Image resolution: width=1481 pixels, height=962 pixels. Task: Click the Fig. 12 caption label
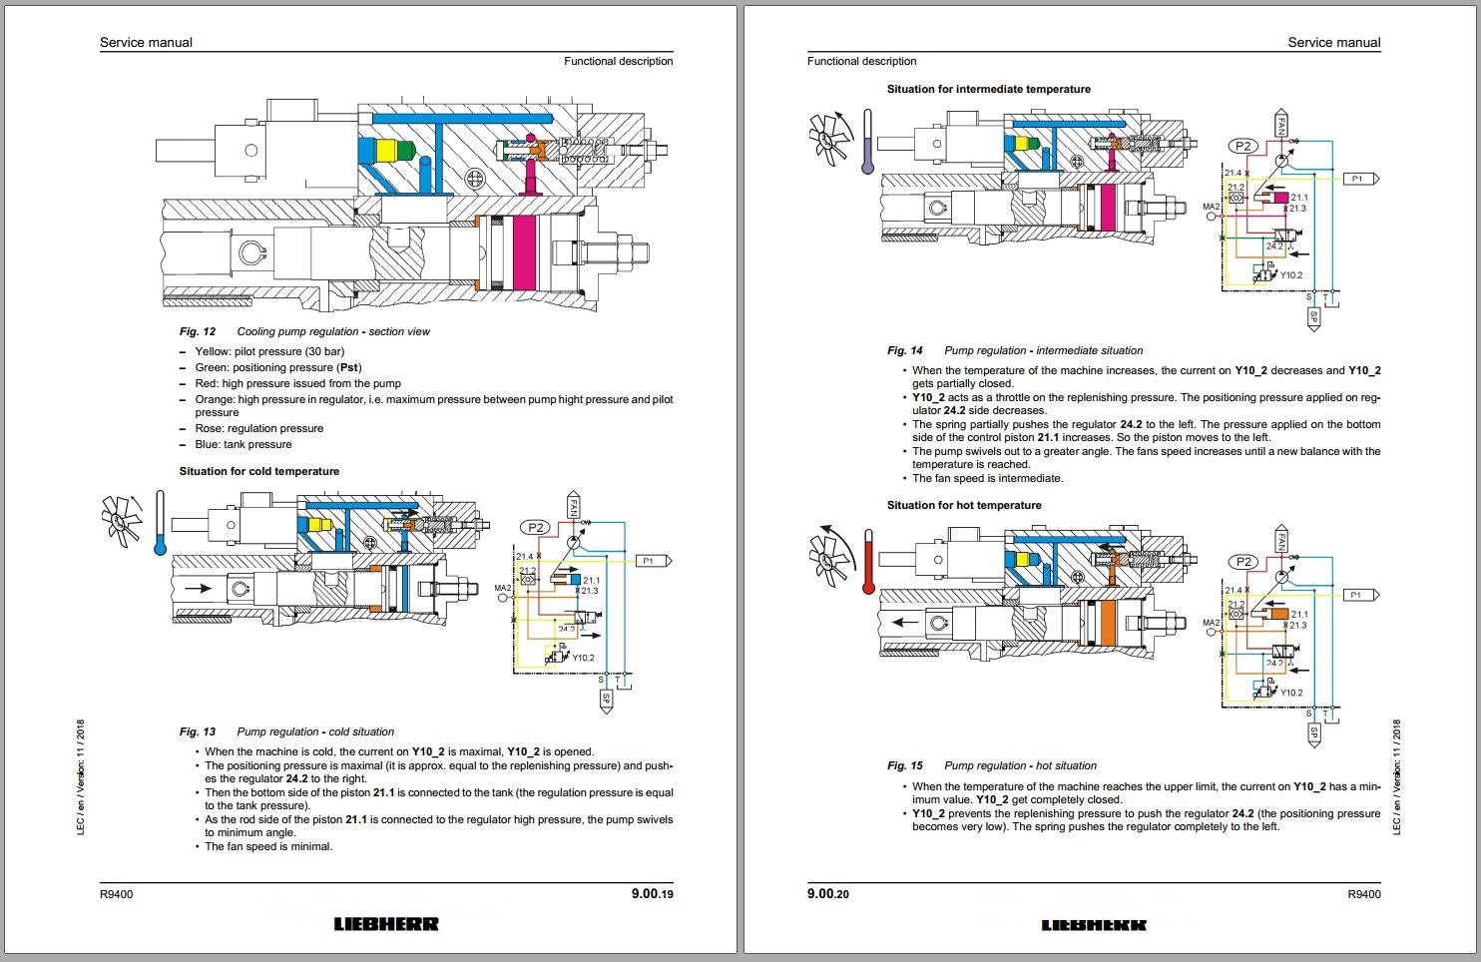[x=198, y=331]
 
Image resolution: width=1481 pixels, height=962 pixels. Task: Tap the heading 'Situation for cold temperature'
[x=259, y=471]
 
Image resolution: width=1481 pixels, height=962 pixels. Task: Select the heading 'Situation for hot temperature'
[x=964, y=505]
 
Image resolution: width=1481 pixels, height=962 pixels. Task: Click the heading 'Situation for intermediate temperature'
[x=988, y=89]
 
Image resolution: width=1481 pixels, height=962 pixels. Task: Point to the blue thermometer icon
[x=160, y=523]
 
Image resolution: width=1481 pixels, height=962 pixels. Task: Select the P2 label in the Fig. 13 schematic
[x=537, y=527]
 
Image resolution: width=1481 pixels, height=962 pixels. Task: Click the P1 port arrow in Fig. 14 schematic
[x=1359, y=179]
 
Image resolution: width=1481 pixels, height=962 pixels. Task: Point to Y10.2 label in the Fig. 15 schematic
[x=1291, y=693]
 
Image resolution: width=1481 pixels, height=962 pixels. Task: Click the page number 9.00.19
[x=652, y=894]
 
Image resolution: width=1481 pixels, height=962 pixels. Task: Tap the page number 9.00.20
[x=828, y=894]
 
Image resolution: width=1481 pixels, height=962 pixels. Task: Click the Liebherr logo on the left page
[x=386, y=924]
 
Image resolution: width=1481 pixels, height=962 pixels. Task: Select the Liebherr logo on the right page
[x=1094, y=925]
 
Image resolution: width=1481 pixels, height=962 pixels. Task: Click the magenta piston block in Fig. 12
[x=524, y=253]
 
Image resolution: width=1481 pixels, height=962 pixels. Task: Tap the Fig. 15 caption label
[x=905, y=765]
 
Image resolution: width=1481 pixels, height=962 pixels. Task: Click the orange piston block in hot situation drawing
[x=1105, y=626]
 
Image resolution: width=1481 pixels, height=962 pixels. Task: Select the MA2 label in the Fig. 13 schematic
[x=503, y=589]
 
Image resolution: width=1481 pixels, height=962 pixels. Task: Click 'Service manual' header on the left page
[x=146, y=42]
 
